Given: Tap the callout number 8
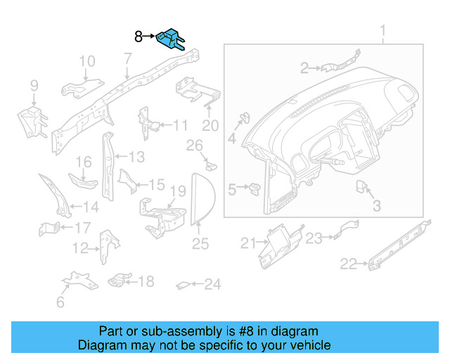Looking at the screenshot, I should click(x=139, y=35).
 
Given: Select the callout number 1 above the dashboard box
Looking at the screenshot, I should click(x=383, y=31).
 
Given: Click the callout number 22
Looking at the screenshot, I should click(x=349, y=264).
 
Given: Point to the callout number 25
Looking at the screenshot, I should click(x=201, y=244).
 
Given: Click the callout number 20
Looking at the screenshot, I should click(x=211, y=126).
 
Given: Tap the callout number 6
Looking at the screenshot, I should click(x=60, y=302).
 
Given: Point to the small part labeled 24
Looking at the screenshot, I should click(x=181, y=285).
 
